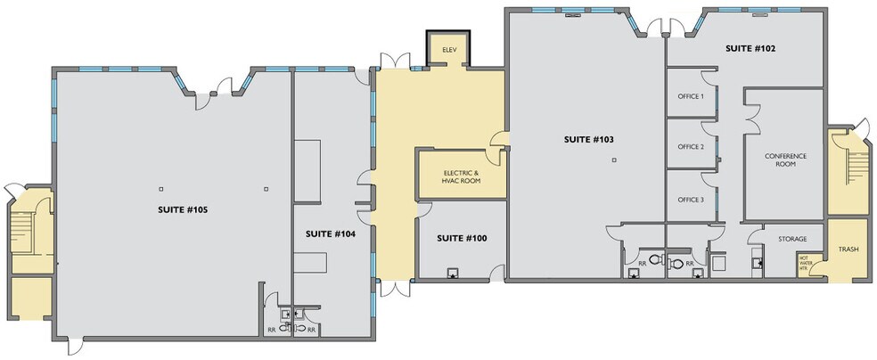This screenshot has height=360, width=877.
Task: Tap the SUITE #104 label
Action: [x=331, y=234]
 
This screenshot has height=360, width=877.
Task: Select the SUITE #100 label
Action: [x=461, y=239]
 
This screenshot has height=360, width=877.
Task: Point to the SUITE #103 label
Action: [x=589, y=139]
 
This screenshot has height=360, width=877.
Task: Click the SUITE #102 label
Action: [x=749, y=48]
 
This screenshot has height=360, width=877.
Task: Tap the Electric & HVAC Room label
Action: [x=461, y=176]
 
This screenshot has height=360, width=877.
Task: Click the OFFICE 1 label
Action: [x=690, y=96]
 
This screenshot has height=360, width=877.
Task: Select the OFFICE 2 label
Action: [x=690, y=147]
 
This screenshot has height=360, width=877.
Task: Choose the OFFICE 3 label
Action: [x=690, y=200]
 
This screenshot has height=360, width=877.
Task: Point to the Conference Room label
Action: [x=784, y=160]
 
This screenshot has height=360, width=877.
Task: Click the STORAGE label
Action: [x=791, y=239]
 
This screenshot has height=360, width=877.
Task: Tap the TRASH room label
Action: [x=848, y=249]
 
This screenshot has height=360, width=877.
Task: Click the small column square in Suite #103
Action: [x=614, y=160]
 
